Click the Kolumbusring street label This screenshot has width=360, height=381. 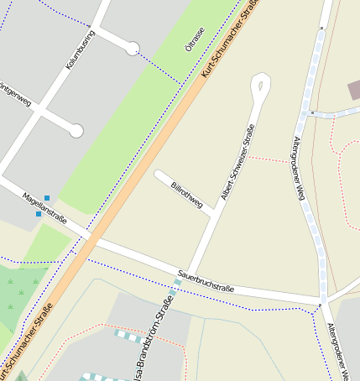point(81,50)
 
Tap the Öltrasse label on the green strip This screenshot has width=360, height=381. point(195,39)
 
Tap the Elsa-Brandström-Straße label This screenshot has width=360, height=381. point(152,344)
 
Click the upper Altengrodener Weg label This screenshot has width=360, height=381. point(299,168)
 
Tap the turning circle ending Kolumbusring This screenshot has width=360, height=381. point(132,49)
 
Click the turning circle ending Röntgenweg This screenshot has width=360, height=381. point(76,130)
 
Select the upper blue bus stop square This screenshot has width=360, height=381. point(47,198)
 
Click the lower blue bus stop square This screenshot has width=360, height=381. point(39,214)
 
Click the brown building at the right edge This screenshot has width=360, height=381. point(354,90)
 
